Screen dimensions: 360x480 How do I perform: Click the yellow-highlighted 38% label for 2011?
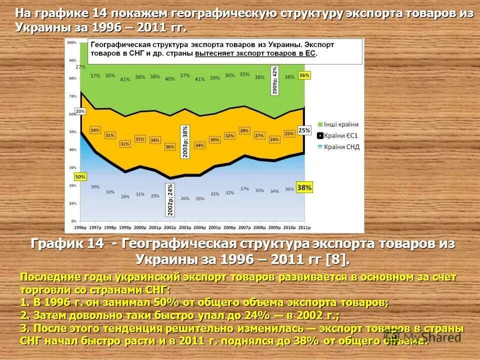pos(304,188)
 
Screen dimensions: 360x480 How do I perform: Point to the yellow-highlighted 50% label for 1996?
pos(80,176)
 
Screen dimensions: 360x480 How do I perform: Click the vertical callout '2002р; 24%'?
pos(170,200)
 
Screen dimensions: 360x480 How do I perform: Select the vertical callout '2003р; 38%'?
pos(185,141)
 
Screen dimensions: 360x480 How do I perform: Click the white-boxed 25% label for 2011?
pos(304,130)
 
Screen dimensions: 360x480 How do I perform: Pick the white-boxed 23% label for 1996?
pos(80,111)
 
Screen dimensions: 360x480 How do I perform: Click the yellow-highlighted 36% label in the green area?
pos(304,75)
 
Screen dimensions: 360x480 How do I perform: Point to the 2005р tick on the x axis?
pos(214,227)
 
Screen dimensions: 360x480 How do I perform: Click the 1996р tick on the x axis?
pos(80,227)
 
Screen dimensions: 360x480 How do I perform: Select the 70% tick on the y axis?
pos(73,95)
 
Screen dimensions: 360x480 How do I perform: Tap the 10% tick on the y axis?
pos(73,203)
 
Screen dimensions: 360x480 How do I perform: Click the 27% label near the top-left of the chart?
pos(80,66)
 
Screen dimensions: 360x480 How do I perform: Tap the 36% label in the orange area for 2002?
pos(170,147)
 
